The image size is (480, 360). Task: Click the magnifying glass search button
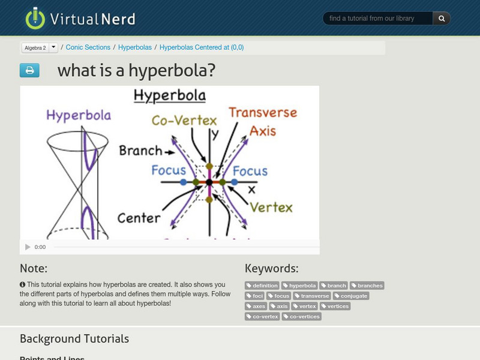pos(442,19)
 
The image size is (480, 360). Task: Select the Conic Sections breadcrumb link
pos(88,47)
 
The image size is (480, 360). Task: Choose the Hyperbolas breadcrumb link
pos(134,47)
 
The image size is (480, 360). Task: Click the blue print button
pos(29,71)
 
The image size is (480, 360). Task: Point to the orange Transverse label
pos(262,113)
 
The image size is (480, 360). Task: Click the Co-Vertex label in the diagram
pos(184,121)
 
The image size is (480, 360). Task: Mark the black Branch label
pos(140,151)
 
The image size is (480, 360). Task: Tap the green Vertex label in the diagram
pos(271,208)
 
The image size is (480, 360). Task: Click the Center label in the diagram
pos(139,218)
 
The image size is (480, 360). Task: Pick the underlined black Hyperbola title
pos(169,95)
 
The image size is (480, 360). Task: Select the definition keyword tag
pos(262,286)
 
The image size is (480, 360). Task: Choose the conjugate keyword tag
pos(352,296)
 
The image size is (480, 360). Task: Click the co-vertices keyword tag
pos(302,316)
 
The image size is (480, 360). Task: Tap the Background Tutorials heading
pos(74,339)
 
